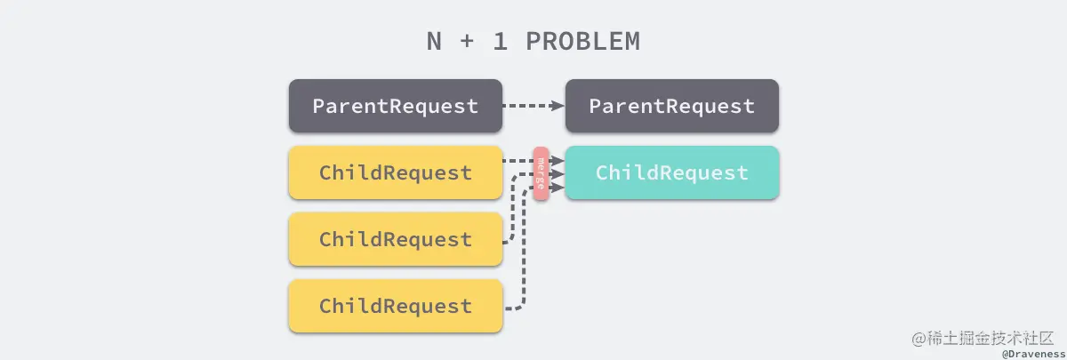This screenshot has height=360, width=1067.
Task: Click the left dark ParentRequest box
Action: [396, 106]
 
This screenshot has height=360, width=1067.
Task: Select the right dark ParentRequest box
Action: [672, 106]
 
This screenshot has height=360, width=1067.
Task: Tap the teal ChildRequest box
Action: [672, 172]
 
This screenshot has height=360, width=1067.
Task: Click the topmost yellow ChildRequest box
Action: [396, 172]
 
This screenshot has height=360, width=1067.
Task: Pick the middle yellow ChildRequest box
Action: [396, 239]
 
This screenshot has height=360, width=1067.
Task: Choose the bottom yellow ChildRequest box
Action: [396, 306]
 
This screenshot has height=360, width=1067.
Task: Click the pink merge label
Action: [541, 173]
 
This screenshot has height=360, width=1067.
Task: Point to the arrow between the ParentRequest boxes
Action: [533, 106]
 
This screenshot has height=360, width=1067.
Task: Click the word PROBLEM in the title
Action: [583, 42]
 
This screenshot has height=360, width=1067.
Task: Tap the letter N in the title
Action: [434, 42]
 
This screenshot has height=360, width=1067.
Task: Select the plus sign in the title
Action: [467, 42]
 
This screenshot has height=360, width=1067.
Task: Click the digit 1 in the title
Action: [500, 42]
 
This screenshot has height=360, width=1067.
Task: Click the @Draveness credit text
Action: [1033, 355]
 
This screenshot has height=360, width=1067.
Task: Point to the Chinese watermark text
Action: [983, 339]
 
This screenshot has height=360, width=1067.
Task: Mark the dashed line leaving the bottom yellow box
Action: [524, 248]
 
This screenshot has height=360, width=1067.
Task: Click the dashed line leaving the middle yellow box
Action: [512, 210]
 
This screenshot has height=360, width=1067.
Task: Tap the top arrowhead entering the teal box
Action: [558, 161]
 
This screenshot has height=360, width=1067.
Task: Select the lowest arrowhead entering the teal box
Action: [558, 188]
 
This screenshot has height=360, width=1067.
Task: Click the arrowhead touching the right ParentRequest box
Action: [558, 106]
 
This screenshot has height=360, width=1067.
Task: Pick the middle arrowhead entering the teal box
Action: [558, 174]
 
